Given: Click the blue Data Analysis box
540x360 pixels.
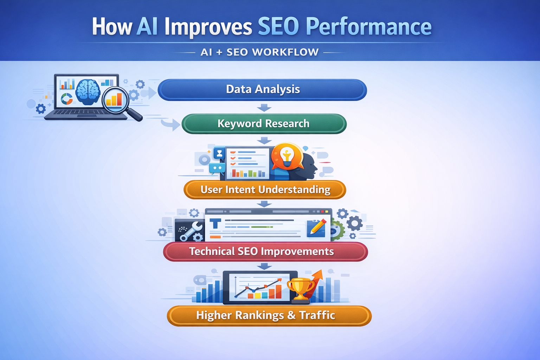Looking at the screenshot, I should click(262, 90).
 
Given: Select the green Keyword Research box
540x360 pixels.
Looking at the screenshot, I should click(264, 124).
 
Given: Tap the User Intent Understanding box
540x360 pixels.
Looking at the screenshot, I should click(265, 190).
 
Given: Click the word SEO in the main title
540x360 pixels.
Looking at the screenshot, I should click(278, 26).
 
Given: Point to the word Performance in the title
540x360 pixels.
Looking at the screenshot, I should click(368, 27).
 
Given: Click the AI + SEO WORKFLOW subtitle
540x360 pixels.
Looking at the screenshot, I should click(259, 52).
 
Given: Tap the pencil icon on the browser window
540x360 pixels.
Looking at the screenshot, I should click(317, 228).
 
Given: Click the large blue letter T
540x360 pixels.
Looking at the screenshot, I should click(215, 224).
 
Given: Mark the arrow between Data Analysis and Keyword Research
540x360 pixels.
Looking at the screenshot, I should click(264, 107).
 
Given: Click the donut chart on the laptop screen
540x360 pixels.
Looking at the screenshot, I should click(66, 99).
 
